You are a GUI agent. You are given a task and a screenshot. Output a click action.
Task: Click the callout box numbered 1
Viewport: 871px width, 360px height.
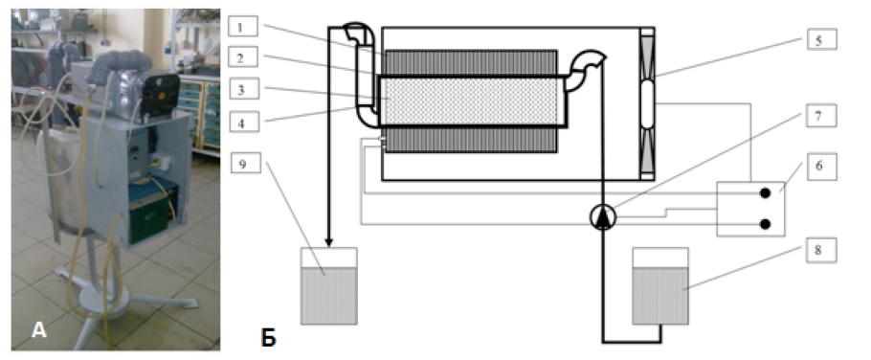pos(243,26)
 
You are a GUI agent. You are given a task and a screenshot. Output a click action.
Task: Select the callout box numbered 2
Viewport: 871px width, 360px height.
pos(243,56)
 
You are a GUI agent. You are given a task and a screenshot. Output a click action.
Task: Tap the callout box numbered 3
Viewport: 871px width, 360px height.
pos(243,89)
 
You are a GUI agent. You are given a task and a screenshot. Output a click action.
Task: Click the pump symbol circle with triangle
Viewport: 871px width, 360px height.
pos(602,217)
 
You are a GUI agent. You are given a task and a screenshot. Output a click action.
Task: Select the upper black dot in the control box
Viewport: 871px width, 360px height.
pos(765,193)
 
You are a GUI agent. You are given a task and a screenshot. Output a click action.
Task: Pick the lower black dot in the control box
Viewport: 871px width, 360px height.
pos(765,224)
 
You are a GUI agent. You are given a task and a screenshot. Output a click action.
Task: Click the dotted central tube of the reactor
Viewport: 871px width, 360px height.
pos(471,101)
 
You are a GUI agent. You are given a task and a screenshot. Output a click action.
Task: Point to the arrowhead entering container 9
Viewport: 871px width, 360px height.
pos(329,242)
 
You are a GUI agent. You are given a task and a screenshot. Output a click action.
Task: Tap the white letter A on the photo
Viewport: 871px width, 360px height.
pos(39,330)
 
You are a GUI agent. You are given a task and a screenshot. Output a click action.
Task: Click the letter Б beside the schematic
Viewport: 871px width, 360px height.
pos(268,337)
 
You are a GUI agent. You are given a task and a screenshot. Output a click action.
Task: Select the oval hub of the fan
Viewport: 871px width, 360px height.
pos(647,104)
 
